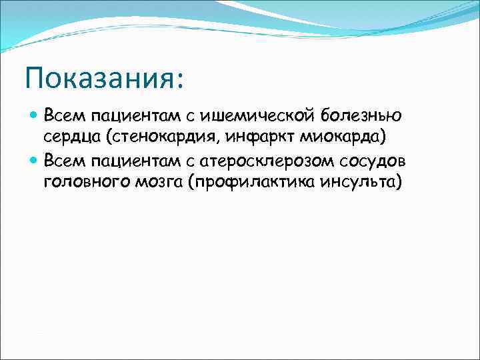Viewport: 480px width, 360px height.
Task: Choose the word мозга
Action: click(x=158, y=183)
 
